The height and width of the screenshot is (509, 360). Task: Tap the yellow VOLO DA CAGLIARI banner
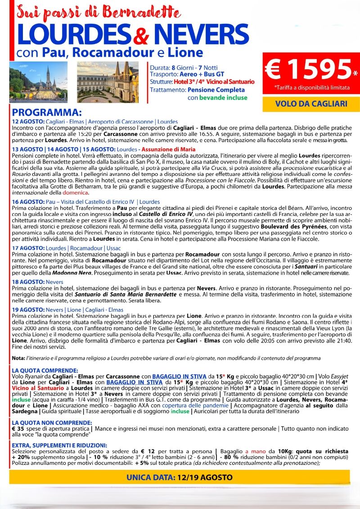click(311, 104)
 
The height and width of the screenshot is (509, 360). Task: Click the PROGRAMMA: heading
click(47, 112)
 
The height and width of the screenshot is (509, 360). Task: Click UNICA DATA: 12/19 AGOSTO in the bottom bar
click(179, 477)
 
